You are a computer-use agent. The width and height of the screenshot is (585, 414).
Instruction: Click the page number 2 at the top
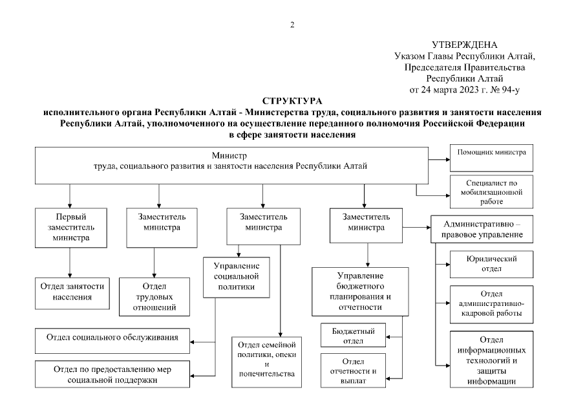coord(292,25)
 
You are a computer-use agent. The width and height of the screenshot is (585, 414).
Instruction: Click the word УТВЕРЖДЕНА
coord(464,45)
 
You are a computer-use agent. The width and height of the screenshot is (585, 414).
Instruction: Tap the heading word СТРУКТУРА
coord(292,102)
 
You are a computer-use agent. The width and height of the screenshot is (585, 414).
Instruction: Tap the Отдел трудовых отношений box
coord(154,296)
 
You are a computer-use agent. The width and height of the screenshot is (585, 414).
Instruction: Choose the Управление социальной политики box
coord(237,277)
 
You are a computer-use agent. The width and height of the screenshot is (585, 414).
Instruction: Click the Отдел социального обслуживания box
coord(112,337)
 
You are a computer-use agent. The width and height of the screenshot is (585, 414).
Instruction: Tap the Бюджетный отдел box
coord(354,334)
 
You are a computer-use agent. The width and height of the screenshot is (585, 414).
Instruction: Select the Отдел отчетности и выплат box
coord(354,370)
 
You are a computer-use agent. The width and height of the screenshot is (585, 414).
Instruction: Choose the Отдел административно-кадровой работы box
coord(493,303)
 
